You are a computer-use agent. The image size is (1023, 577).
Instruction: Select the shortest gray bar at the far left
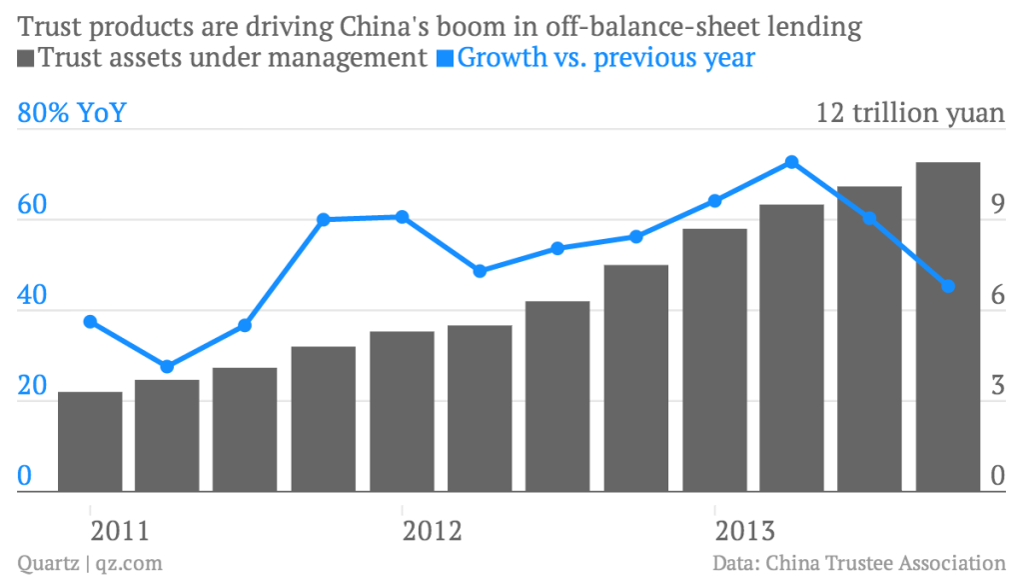click(90, 441)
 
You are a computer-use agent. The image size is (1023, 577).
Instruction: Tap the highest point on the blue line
click(791, 162)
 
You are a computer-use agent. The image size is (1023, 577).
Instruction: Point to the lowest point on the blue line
click(167, 367)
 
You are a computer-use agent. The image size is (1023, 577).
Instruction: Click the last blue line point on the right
click(948, 287)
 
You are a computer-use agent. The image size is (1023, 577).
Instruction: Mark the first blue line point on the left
click(90, 322)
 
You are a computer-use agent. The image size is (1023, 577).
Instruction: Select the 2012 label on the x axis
click(432, 529)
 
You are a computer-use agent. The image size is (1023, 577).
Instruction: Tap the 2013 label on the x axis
click(744, 529)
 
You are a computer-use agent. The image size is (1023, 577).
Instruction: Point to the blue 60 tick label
click(33, 206)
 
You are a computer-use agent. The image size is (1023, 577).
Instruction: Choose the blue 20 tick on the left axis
click(33, 388)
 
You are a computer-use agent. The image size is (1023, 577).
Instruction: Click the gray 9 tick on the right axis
click(997, 206)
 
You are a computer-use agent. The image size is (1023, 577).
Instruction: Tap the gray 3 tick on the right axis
click(997, 388)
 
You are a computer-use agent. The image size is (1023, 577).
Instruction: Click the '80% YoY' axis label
click(72, 113)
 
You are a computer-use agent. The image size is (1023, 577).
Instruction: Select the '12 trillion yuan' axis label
click(910, 113)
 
